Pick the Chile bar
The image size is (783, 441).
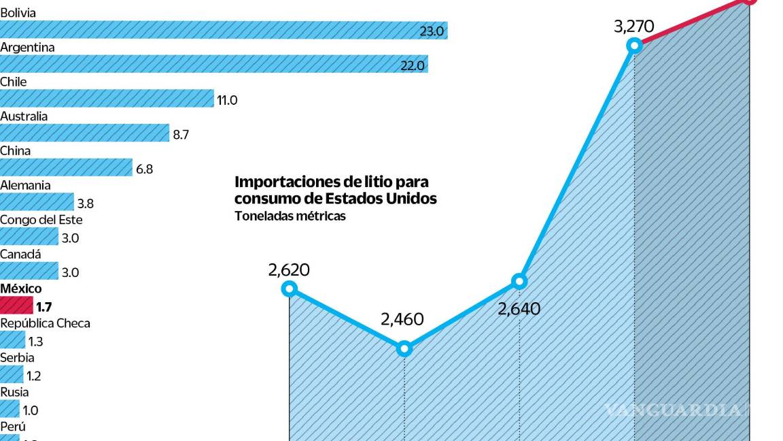[x=107, y=99]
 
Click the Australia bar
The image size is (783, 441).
[x=84, y=133]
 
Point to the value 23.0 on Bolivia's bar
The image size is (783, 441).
[x=432, y=31]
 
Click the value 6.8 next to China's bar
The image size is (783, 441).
[x=145, y=169]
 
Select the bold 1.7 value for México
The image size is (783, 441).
[x=44, y=307]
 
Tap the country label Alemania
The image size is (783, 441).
[x=25, y=185]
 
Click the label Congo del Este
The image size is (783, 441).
[x=41, y=220]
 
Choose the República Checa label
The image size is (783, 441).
[x=45, y=323]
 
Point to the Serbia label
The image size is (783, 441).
[x=17, y=357]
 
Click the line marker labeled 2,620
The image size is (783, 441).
[x=290, y=289]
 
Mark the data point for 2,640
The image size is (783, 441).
[x=519, y=280]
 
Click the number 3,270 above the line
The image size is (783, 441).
[x=633, y=27]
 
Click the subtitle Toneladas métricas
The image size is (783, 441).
[x=290, y=216]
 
